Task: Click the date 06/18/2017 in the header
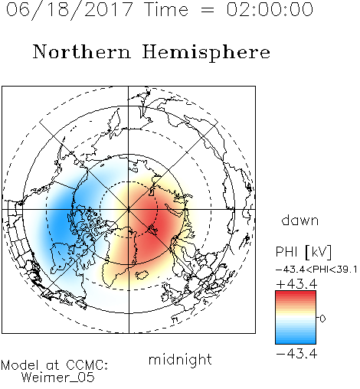click(x=70, y=10)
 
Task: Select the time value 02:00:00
click(x=270, y=9)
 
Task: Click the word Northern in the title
click(x=82, y=51)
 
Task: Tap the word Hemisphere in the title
click(x=206, y=53)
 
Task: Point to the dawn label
click(x=300, y=220)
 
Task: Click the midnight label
click(x=180, y=360)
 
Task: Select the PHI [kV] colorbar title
click(x=303, y=252)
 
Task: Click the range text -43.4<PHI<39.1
click(x=316, y=270)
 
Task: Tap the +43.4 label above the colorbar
click(x=296, y=284)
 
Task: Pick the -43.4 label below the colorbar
click(x=296, y=354)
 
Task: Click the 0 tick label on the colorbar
click(x=322, y=319)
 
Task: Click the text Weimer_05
click(x=58, y=378)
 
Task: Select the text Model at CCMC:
click(x=54, y=365)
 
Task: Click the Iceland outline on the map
click(x=142, y=275)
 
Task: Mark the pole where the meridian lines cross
click(x=129, y=209)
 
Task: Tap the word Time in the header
click(x=166, y=9)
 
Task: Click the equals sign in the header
click(x=208, y=10)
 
